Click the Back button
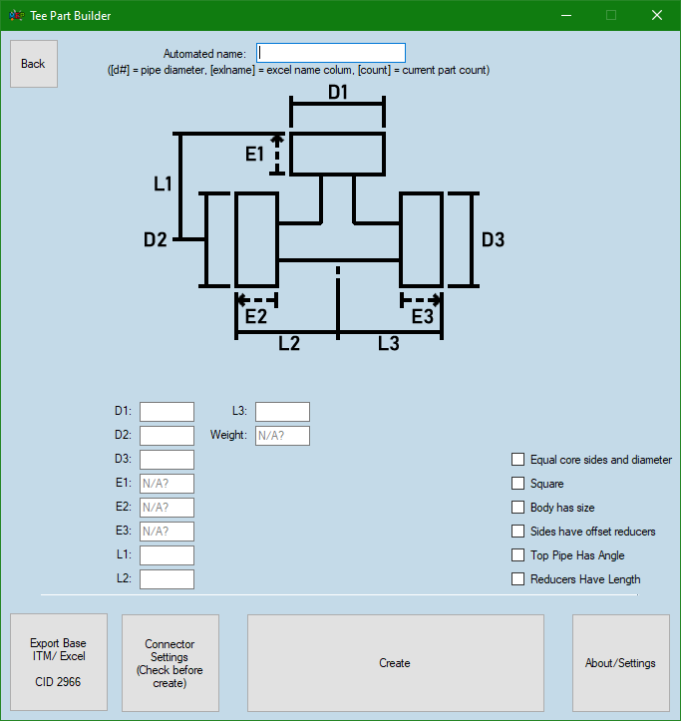click(34, 64)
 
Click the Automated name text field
click(331, 53)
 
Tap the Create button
click(395, 662)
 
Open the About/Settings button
click(620, 662)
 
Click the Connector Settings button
click(170, 662)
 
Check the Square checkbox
click(517, 484)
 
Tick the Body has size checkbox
click(517, 508)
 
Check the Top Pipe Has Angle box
click(517, 555)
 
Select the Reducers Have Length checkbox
click(517, 579)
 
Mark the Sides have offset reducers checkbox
click(517, 532)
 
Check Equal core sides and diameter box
click(517, 460)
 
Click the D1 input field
click(167, 412)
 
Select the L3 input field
click(282, 412)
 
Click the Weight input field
click(282, 436)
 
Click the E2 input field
click(167, 508)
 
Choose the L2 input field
click(167, 579)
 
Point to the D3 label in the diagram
click(493, 239)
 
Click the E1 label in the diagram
click(255, 154)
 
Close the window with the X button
click(656, 15)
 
